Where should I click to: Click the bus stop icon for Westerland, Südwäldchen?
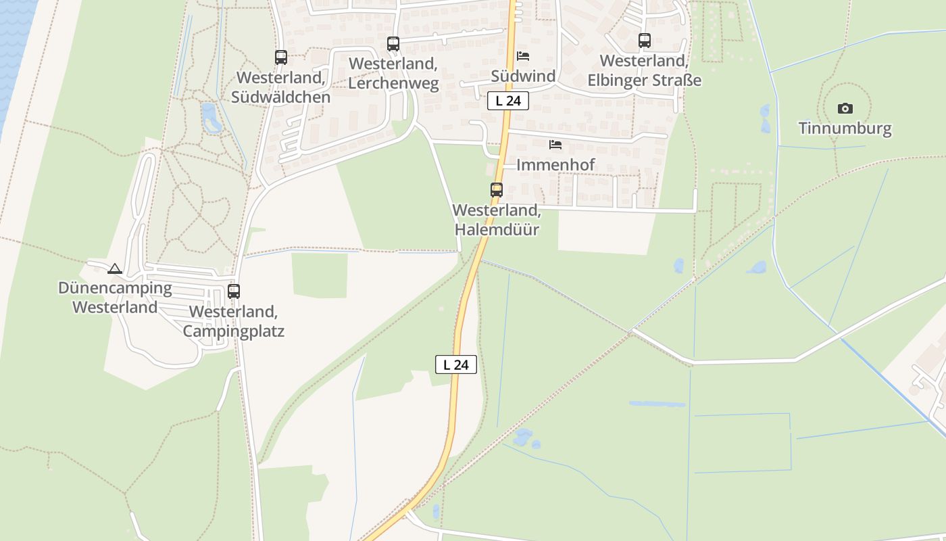point(281,57)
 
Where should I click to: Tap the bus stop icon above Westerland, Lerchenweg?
point(393,44)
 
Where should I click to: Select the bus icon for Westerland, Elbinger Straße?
point(645,41)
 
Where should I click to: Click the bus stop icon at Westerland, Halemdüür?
point(497,190)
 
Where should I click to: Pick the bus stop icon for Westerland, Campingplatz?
point(234,291)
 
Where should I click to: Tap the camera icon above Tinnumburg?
point(845,108)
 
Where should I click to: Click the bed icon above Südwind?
point(523,56)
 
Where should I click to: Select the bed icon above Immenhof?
point(555,145)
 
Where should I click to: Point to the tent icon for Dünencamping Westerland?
point(115,268)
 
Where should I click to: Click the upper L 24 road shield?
point(507,101)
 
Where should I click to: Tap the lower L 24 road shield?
point(456,364)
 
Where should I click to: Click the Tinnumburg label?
point(845,128)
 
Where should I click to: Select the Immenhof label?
point(555,164)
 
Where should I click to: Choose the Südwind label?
point(523,76)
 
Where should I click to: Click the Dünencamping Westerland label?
point(115,298)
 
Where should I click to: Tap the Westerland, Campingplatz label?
point(234,321)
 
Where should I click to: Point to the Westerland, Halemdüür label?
point(497,220)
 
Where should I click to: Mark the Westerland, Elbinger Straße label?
point(645,70)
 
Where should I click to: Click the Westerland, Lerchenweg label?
point(393,74)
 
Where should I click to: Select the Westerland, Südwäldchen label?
point(281,87)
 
